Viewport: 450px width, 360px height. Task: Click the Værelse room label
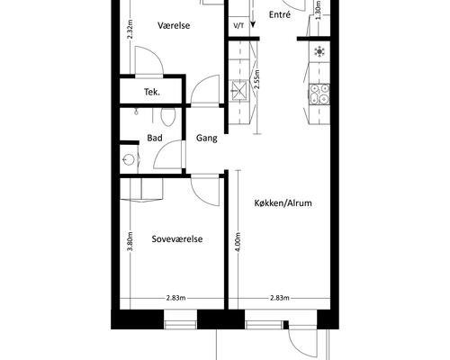(x=174, y=25)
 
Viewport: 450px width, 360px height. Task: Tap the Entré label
(x=280, y=14)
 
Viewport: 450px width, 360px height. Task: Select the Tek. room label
(x=152, y=92)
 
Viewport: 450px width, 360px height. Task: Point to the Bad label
(x=155, y=138)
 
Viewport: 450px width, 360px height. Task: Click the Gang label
(x=207, y=139)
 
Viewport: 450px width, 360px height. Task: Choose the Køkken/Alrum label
(x=283, y=203)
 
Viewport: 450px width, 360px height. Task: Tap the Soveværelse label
(x=177, y=239)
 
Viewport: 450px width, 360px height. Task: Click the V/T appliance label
(x=238, y=26)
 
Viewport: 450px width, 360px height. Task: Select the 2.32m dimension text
(x=130, y=30)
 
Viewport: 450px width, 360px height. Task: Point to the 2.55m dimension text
(x=256, y=79)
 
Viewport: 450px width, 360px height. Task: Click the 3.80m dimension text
(x=130, y=242)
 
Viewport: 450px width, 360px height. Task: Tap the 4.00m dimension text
(x=238, y=242)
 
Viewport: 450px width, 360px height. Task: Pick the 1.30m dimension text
(x=319, y=10)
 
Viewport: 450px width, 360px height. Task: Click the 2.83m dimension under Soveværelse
(x=176, y=298)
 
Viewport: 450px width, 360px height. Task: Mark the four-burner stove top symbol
(x=319, y=94)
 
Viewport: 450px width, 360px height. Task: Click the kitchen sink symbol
(x=239, y=90)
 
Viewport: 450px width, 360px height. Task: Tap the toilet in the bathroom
(x=168, y=116)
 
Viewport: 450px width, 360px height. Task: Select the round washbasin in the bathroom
(x=130, y=159)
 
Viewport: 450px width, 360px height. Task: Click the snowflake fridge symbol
(x=319, y=52)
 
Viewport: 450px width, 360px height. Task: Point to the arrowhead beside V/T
(x=253, y=24)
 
